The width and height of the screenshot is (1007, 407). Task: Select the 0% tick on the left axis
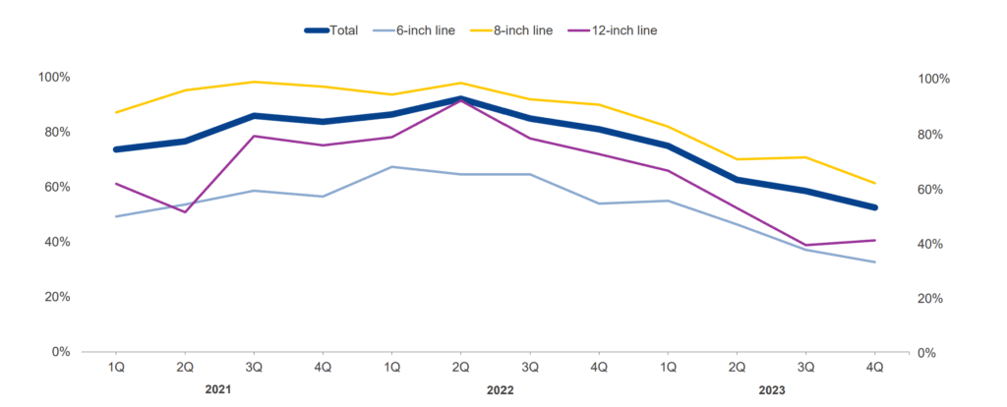coord(60,352)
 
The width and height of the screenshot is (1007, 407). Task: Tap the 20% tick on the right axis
coord(931,299)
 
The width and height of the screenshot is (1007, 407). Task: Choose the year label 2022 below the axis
coord(501,389)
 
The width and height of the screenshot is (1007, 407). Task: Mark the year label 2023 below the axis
coord(772,389)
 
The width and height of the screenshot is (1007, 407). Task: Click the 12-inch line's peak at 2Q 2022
coord(461,101)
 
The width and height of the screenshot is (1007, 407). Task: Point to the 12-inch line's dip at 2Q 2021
coord(185,212)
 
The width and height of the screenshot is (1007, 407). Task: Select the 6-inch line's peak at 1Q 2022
coord(392,167)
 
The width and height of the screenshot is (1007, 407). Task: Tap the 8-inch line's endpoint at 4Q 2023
coord(875,184)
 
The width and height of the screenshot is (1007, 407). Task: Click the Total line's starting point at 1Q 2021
coord(116,149)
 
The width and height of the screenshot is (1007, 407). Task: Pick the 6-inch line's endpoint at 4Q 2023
coord(875,262)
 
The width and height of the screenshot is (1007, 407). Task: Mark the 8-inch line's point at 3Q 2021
coord(254,82)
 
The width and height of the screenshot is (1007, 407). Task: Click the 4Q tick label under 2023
coord(875,367)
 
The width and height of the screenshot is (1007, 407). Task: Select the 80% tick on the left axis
coord(55,133)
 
